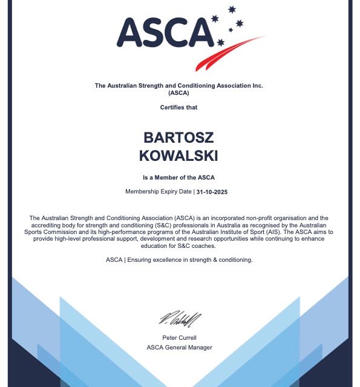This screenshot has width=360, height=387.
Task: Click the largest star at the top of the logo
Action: click(x=231, y=10)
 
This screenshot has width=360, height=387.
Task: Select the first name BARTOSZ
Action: click(x=179, y=138)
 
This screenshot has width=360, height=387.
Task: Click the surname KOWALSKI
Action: click(x=178, y=155)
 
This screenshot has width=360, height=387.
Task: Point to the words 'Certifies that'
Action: click(x=178, y=107)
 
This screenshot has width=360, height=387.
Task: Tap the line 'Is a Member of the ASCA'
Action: click(x=178, y=177)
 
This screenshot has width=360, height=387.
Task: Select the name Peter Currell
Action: click(x=179, y=337)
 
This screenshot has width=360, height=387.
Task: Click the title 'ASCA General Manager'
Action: click(x=179, y=348)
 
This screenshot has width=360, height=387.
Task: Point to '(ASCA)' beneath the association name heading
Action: click(x=179, y=93)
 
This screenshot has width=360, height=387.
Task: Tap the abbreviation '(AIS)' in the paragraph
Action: click(x=271, y=232)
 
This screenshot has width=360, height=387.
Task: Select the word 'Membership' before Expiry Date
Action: click(x=143, y=192)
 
